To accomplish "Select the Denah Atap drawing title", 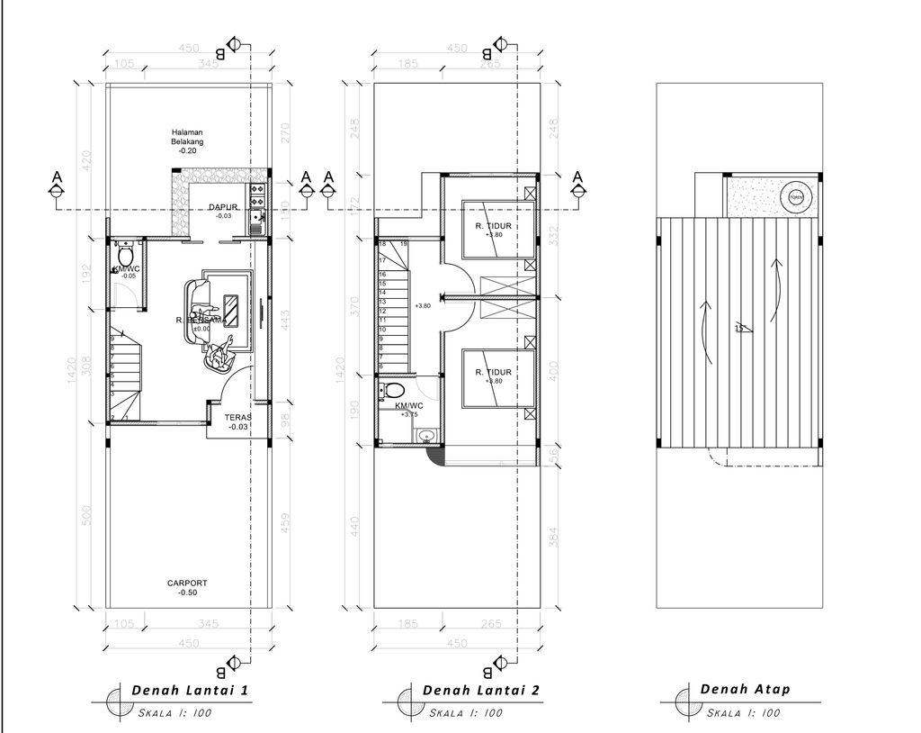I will tap(745, 690).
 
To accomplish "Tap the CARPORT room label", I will tap(187, 584).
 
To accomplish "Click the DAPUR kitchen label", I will tap(223, 207).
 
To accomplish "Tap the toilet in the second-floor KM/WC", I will tap(393, 392).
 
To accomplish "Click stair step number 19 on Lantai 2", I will tap(404, 244).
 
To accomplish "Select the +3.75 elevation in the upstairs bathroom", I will tap(410, 415).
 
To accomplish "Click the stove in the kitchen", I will tap(257, 191).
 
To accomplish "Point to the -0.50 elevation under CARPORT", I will tap(187, 593).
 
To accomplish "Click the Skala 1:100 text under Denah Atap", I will tap(743, 713).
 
